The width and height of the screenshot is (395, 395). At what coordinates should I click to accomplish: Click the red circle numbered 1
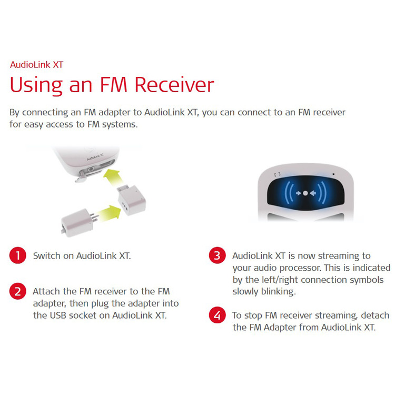pyautogui.click(x=17, y=255)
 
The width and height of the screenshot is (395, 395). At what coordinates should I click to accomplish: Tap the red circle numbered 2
pyautogui.click(x=17, y=291)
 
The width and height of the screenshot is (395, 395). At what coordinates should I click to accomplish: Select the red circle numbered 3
pyautogui.click(x=217, y=255)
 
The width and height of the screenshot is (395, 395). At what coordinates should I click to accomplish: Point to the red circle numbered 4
pyautogui.click(x=217, y=315)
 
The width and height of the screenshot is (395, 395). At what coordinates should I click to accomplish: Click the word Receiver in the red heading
pyautogui.click(x=174, y=85)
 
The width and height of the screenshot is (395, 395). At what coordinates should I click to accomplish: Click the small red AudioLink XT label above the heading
pyautogui.click(x=36, y=65)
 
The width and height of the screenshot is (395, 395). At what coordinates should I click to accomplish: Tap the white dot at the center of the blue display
pyautogui.click(x=305, y=193)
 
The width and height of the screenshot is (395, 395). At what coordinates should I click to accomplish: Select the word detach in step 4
pyautogui.click(x=375, y=315)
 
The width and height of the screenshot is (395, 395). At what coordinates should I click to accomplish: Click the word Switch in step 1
pyautogui.click(x=46, y=255)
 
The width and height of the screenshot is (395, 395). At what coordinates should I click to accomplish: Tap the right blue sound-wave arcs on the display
pyautogui.click(x=322, y=193)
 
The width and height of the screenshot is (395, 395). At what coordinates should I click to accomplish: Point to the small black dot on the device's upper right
pyautogui.click(x=333, y=174)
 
